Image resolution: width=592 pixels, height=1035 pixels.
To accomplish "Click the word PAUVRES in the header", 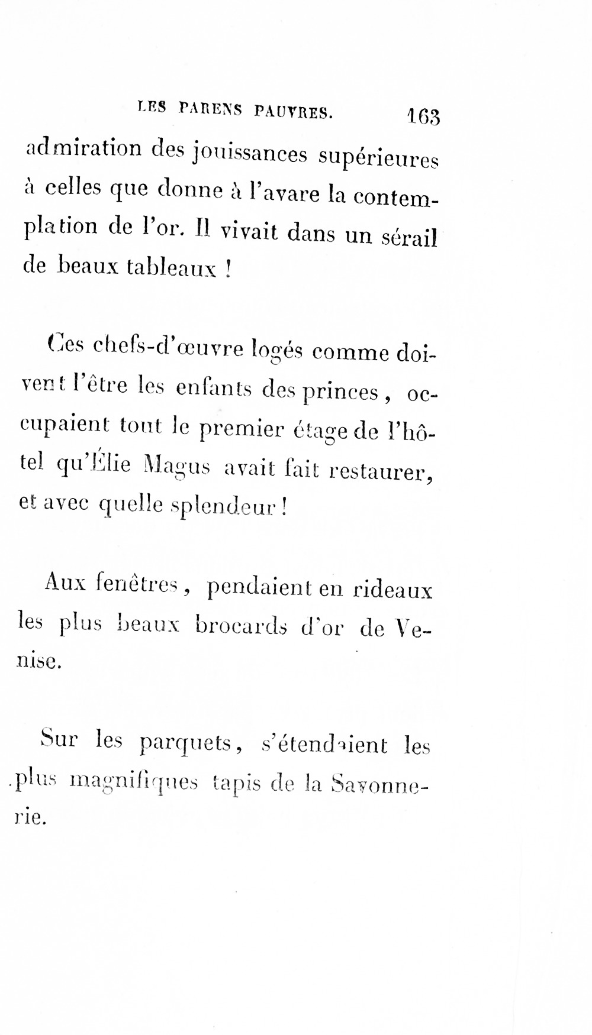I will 294,111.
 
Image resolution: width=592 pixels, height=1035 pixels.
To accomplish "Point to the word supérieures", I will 378,159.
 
